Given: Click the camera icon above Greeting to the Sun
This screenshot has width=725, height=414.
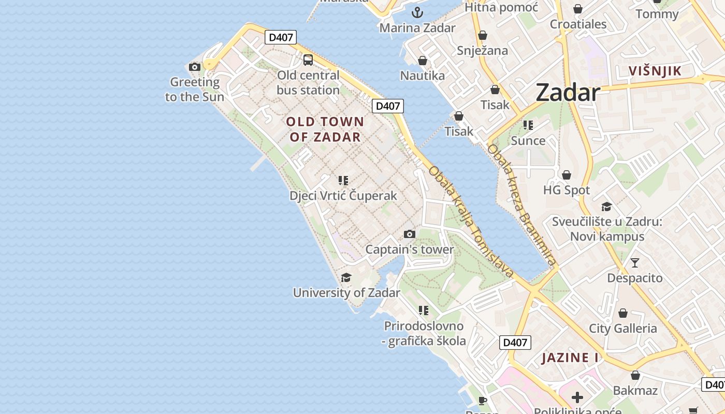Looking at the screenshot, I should pos(195,67).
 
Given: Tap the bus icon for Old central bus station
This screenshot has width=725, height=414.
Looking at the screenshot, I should pos(308,60).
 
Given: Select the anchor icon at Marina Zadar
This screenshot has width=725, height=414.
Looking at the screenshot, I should pos(417,12).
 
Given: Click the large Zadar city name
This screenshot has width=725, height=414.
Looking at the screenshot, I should pos(568,93).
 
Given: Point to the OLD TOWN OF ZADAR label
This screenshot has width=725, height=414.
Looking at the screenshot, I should pos(325,129).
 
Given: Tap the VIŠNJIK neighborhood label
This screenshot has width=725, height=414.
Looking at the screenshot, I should pos(655,71).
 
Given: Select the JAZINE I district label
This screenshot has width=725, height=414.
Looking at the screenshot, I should pos(570,358).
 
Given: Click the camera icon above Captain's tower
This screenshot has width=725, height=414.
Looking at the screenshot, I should pos(410,234).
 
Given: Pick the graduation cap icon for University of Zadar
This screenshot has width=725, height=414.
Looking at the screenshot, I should pos(346,278).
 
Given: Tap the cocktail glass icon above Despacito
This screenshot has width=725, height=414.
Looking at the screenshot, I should pos(635,263).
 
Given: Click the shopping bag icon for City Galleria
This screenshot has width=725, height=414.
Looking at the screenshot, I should pos(623,313).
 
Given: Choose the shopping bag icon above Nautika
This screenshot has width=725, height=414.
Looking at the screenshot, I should pos(423,61).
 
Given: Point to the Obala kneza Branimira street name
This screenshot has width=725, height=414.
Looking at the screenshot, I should pos(521,205).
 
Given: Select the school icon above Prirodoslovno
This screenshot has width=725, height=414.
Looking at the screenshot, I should pos(424,310).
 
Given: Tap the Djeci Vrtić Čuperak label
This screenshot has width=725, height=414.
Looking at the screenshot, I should pos(343,196).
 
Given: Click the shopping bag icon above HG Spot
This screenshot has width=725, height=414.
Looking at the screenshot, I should pos(567,175).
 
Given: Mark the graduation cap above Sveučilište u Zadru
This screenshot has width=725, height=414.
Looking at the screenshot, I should pos(606,207).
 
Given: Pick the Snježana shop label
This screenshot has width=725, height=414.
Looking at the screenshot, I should pos(482,51).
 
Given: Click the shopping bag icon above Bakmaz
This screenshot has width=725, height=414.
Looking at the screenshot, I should pos(635,375).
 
